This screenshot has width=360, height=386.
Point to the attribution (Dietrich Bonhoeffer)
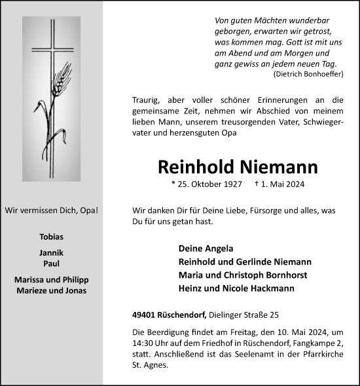306,75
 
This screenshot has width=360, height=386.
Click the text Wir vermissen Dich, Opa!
52,210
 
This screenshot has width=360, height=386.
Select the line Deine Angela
205,248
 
